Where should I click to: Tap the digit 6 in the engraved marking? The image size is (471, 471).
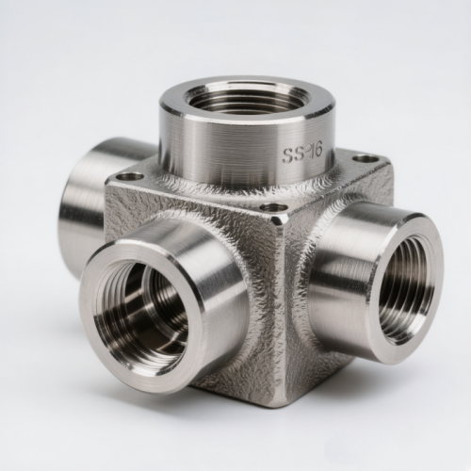tap(317, 152)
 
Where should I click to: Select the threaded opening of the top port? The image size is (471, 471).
tap(247, 98)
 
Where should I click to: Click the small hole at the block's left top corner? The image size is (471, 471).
tap(128, 177)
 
